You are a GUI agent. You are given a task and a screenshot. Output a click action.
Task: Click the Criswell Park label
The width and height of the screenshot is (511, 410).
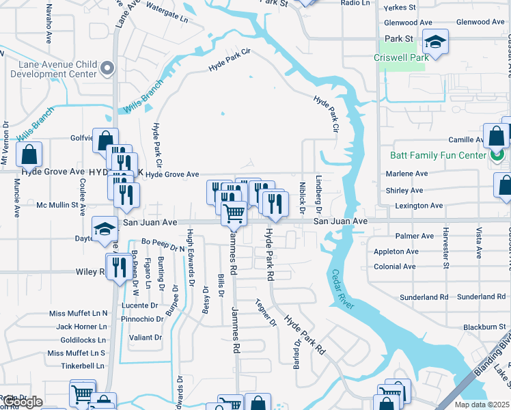click(x=401, y=57)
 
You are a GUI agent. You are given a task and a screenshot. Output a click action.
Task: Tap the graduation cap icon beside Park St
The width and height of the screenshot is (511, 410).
click(x=435, y=42)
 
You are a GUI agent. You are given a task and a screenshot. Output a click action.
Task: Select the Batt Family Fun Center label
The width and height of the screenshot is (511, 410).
click(x=437, y=155)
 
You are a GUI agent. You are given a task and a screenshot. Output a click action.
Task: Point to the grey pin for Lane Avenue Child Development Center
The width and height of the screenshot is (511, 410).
click(x=107, y=68)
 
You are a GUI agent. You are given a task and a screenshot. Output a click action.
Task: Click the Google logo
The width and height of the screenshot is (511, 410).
click(x=23, y=402)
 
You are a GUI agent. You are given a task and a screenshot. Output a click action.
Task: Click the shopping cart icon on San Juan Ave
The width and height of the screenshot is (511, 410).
click(x=234, y=213)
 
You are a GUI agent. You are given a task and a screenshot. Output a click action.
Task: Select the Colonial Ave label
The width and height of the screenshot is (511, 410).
click(x=394, y=266)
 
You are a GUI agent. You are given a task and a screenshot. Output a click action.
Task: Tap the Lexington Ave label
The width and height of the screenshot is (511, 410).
click(x=418, y=206)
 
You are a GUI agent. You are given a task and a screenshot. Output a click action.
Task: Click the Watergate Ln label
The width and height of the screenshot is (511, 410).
click(x=165, y=14)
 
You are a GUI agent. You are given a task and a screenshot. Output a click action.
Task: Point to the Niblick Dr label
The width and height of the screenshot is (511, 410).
click(x=301, y=197)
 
